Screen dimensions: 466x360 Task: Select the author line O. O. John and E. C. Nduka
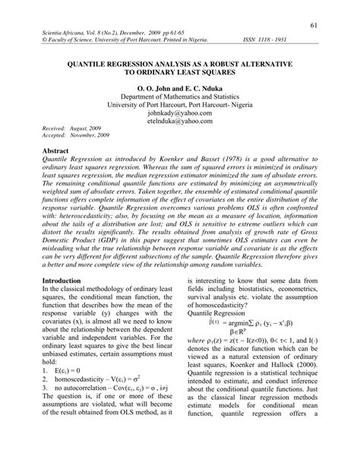tap(179, 88)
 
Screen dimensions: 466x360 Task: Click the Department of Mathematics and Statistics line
tap(180, 98)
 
